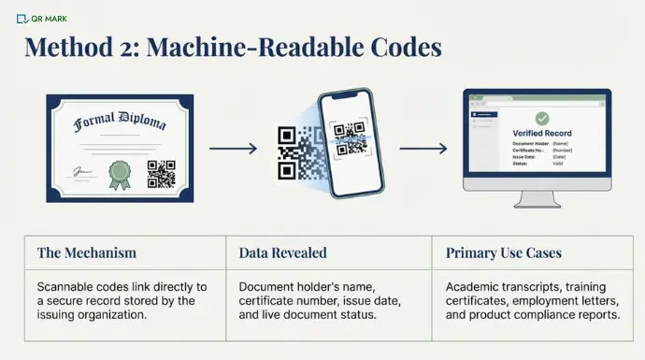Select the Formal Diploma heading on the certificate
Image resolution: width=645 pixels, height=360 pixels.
click(x=121, y=122)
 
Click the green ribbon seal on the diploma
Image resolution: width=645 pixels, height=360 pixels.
click(x=119, y=173)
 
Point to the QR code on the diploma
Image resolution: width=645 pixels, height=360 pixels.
click(x=161, y=174)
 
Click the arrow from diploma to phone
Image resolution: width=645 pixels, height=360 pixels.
click(x=233, y=148)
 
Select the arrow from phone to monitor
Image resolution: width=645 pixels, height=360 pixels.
click(x=423, y=148)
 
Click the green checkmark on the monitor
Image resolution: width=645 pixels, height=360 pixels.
click(x=542, y=119)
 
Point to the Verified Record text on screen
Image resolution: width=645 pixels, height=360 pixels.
click(x=541, y=134)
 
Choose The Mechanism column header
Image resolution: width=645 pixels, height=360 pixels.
click(x=87, y=252)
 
